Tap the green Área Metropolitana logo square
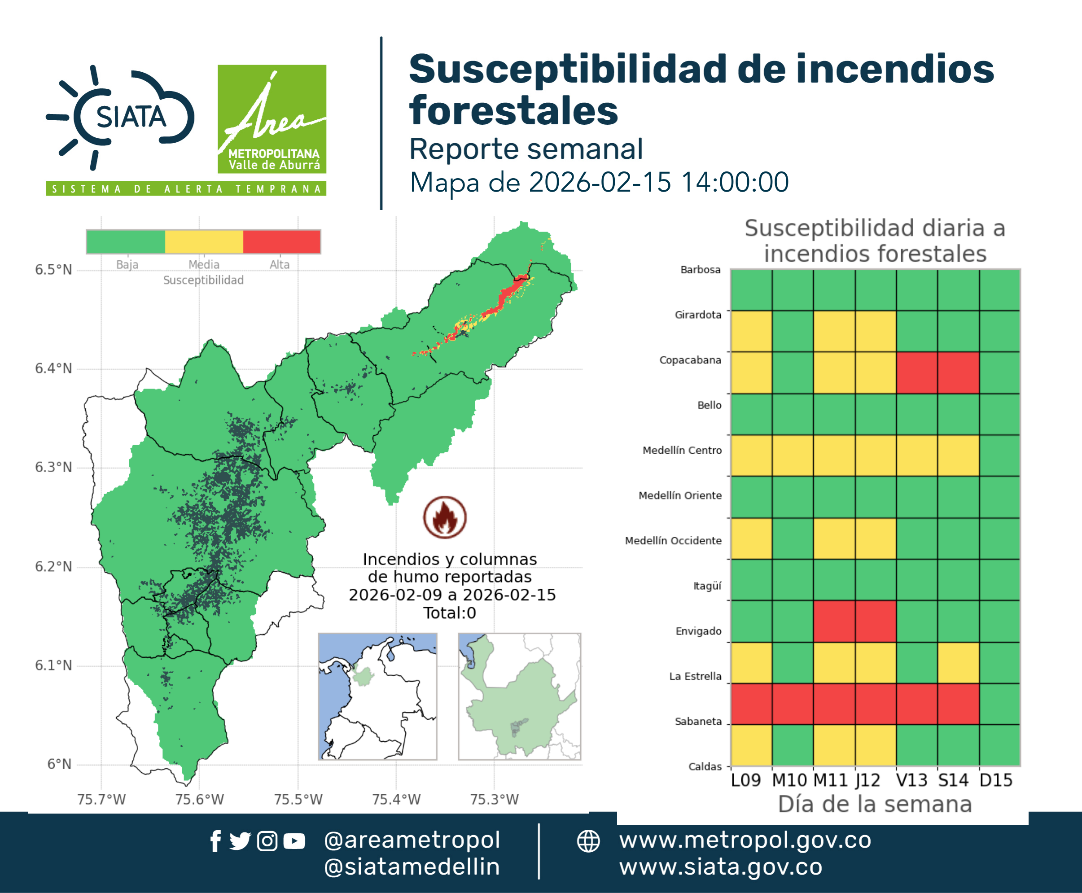[272, 119]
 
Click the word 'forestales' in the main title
[513, 110]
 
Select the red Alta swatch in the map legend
[281, 242]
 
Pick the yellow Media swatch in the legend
[204, 242]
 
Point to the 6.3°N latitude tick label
[53, 467]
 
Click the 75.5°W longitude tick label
[298, 799]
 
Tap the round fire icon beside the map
[445, 517]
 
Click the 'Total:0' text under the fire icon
[450, 613]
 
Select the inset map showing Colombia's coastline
[377, 696]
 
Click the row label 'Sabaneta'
[698, 721]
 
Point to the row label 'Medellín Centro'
[682, 450]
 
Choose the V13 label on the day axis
[912, 780]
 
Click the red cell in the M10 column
[793, 704]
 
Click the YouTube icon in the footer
[294, 841]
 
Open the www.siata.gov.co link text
[721, 867]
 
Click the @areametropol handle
[412, 840]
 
